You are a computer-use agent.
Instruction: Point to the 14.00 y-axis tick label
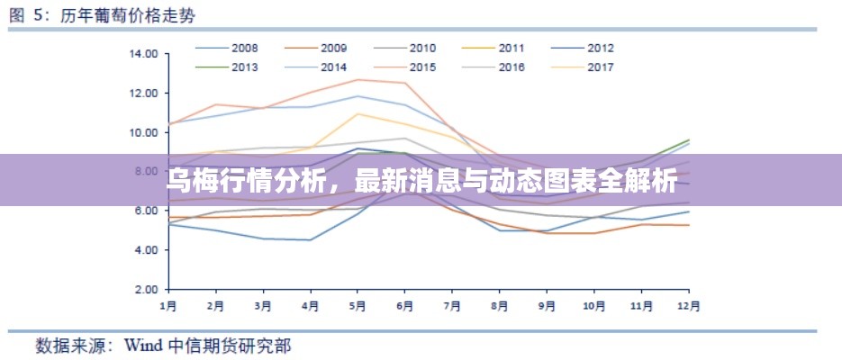144,54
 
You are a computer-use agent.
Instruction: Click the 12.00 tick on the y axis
144,94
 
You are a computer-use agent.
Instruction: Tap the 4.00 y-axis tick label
144,250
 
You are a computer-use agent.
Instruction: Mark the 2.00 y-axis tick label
144,290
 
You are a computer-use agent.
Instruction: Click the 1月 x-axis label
168,305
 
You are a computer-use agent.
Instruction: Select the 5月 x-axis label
358,305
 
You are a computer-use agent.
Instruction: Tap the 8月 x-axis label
500,305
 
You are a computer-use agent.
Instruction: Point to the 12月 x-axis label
689,305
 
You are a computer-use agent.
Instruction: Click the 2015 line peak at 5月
358,80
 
